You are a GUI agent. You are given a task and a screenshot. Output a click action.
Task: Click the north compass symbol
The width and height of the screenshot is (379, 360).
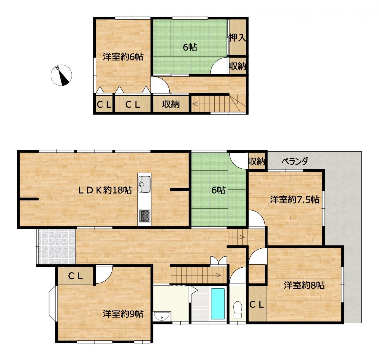(x=61, y=75)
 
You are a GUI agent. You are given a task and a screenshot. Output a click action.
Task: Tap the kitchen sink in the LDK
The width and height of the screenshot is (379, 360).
(x=144, y=184)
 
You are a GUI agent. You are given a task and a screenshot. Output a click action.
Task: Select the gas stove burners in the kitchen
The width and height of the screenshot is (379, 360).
(x=144, y=216)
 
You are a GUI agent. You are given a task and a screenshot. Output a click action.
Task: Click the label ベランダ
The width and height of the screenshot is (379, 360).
(x=295, y=161)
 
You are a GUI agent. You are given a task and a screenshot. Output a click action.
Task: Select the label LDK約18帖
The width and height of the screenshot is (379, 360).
(x=105, y=190)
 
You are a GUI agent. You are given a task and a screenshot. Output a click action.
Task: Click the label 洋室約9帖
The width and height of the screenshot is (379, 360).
(x=123, y=314)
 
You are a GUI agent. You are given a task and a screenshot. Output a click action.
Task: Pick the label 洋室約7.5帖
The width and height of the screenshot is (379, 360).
(x=295, y=199)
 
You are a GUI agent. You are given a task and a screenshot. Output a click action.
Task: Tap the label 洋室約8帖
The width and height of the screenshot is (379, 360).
(x=304, y=285)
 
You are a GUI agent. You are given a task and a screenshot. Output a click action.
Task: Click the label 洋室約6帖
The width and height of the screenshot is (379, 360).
(x=123, y=57)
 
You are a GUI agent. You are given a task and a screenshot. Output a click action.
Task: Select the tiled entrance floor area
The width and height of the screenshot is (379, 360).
(x=57, y=246)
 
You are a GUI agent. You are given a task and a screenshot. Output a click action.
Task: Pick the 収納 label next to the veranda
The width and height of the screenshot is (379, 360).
(x=256, y=161)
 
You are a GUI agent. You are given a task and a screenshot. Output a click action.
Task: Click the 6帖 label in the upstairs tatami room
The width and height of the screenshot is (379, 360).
(x=190, y=47)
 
